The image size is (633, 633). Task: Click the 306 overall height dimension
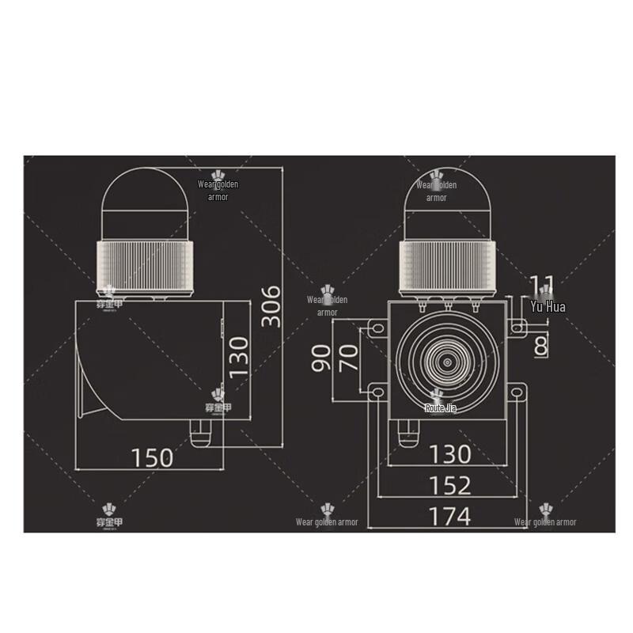point(271,305)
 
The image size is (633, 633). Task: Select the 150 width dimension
point(153,457)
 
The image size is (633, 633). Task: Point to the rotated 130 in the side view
point(238,355)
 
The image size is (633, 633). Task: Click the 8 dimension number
point(541,345)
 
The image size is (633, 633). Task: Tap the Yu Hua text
point(548,306)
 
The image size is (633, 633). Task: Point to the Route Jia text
point(441,408)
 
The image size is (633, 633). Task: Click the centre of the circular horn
point(448,361)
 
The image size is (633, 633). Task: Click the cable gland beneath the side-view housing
point(202,432)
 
